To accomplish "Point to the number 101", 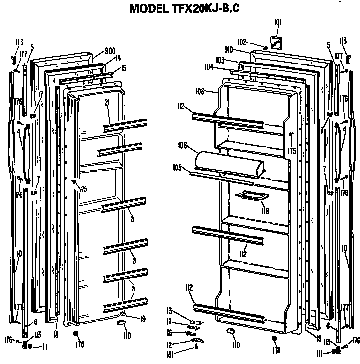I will [x=277, y=22].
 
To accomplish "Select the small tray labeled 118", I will [x=252, y=195].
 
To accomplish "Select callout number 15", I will [x=123, y=68].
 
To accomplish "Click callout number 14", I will [x=117, y=58].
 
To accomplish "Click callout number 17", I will [x=169, y=321].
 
